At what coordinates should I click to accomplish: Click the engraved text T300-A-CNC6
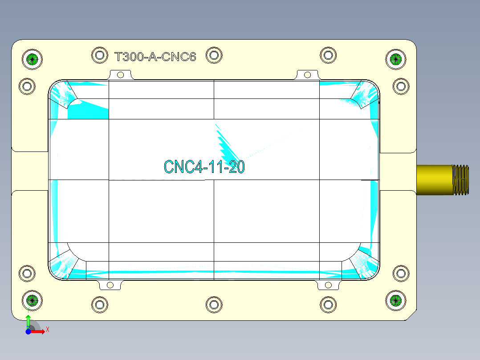point(155,57)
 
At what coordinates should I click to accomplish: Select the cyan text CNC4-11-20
point(204,167)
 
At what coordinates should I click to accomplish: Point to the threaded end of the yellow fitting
point(461,180)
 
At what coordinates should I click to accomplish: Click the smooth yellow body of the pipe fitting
point(434,180)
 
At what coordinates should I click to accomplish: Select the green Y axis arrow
point(28,320)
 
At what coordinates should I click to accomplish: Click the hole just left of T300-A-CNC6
point(100,55)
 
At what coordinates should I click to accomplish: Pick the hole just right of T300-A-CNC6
point(214,55)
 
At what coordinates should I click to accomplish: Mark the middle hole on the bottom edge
point(214,305)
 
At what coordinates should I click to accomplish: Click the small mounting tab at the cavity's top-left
point(119,75)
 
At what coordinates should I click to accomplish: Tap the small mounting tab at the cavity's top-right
point(307,74)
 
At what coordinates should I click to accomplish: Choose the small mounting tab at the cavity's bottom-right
point(329,285)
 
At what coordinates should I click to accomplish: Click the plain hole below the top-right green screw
point(401,86)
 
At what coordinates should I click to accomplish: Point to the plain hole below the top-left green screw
point(27,86)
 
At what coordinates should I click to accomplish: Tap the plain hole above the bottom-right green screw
point(401,273)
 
